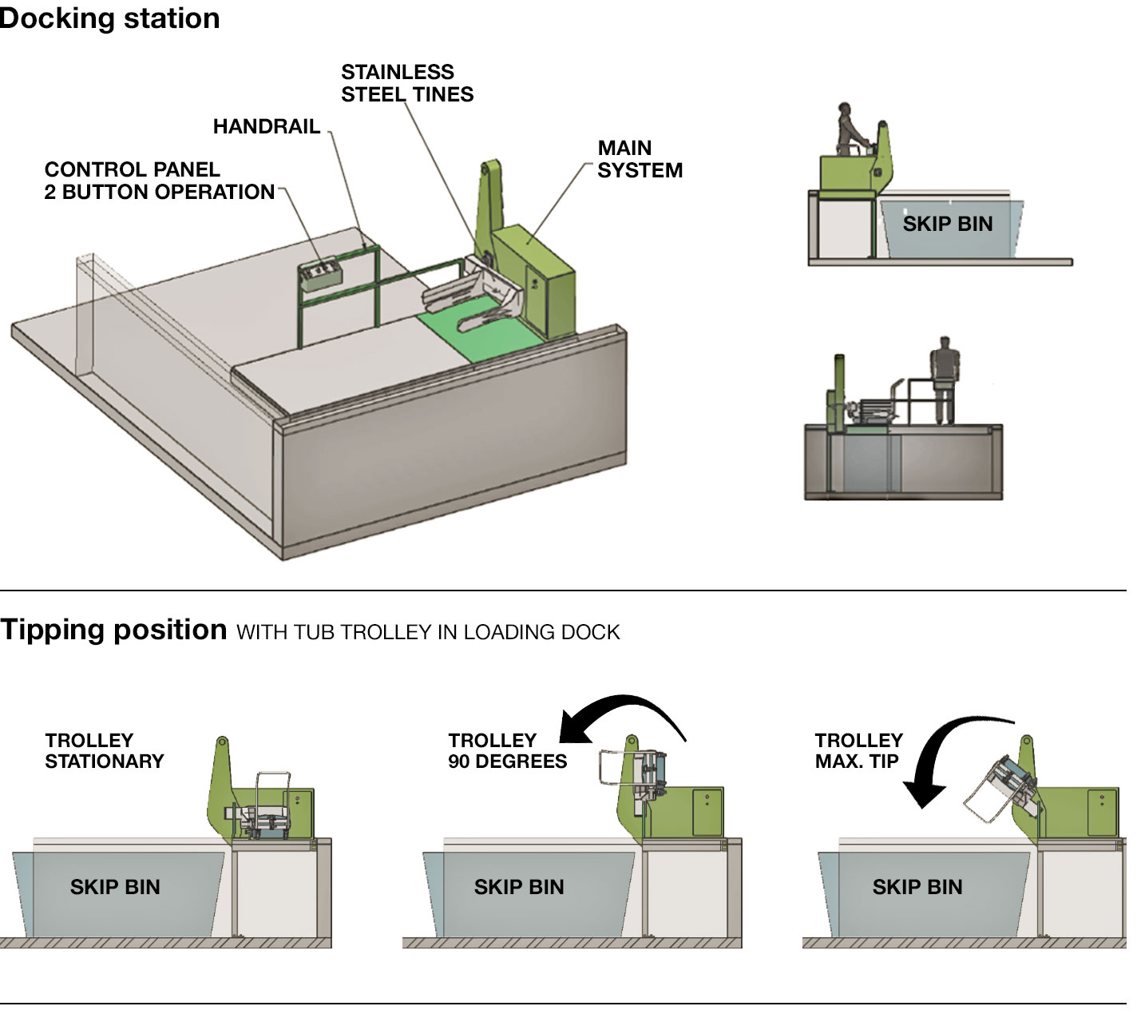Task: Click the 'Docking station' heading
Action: (x=109, y=18)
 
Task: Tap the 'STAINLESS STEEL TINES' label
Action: (x=406, y=83)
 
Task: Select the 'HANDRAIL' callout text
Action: (x=266, y=126)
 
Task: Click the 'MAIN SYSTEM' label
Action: (x=639, y=159)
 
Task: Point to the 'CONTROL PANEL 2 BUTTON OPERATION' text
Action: (x=159, y=181)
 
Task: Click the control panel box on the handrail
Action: (x=319, y=273)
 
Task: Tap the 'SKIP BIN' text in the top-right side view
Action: (x=947, y=224)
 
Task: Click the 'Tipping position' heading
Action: (x=113, y=630)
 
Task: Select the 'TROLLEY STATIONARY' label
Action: (x=104, y=750)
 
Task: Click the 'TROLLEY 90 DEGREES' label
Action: (x=506, y=750)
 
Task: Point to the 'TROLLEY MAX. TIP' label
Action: (x=858, y=750)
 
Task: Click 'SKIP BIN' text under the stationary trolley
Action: (x=115, y=887)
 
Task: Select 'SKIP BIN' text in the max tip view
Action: (x=917, y=887)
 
